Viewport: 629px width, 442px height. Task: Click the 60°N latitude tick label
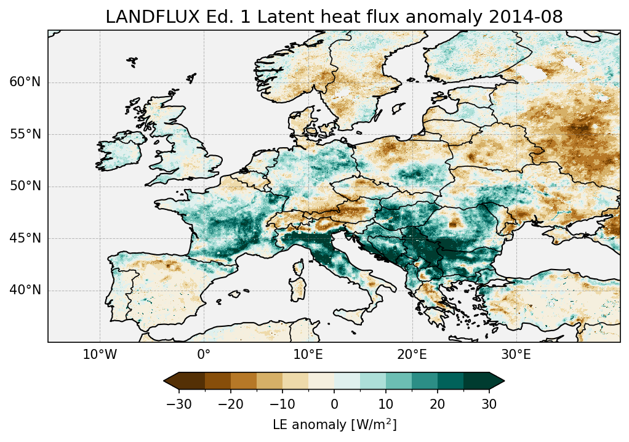25,82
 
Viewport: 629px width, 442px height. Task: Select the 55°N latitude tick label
25,134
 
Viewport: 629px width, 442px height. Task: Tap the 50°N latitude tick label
25,187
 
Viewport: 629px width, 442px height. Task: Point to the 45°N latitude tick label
25,238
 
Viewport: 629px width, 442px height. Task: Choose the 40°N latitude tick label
25,290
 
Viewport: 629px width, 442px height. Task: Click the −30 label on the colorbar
178,404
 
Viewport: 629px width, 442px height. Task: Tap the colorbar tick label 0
334,404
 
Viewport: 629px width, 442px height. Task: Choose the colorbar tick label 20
438,404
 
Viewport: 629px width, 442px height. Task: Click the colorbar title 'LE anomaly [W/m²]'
334,425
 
